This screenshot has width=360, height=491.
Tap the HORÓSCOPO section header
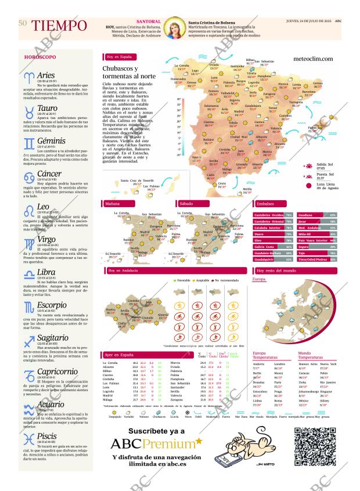pos(40,57)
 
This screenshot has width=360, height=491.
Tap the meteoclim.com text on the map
pos(314,59)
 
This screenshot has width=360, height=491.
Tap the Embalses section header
pos(266,204)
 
